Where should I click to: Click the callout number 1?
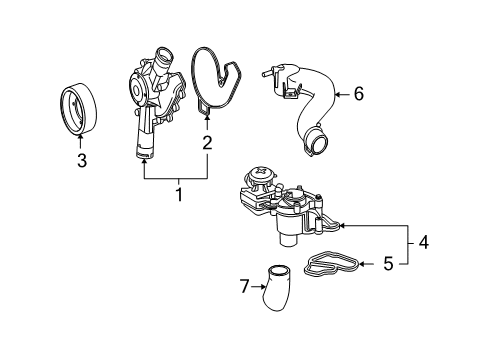click(179, 195)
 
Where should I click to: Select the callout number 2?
click(207, 143)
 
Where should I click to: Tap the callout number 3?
click(82, 160)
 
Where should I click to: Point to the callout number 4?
click(423, 242)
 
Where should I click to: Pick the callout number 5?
click(388, 264)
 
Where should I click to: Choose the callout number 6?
click(359, 94)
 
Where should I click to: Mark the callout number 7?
click(244, 286)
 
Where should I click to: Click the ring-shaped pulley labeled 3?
click(79, 109)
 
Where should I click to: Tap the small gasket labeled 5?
click(332, 263)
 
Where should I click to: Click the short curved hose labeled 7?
click(276, 287)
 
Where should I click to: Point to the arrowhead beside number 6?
click(337, 95)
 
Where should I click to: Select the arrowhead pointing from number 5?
click(362, 264)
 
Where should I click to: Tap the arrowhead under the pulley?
click(80, 137)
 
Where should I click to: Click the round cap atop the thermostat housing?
click(261, 175)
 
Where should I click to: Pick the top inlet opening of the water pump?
click(164, 55)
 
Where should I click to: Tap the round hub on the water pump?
click(136, 89)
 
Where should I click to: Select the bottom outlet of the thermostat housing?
click(288, 241)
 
